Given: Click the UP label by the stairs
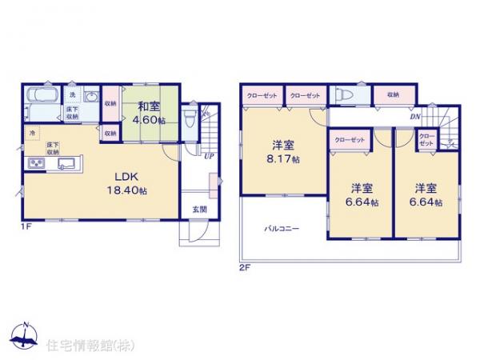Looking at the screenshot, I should tap(208, 156).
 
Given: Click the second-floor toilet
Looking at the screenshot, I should tap(342, 94).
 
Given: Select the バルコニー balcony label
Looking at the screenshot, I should tap(282, 230).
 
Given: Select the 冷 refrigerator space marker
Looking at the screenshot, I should tap(32, 132).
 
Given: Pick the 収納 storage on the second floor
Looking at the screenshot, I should tap(392, 94).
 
